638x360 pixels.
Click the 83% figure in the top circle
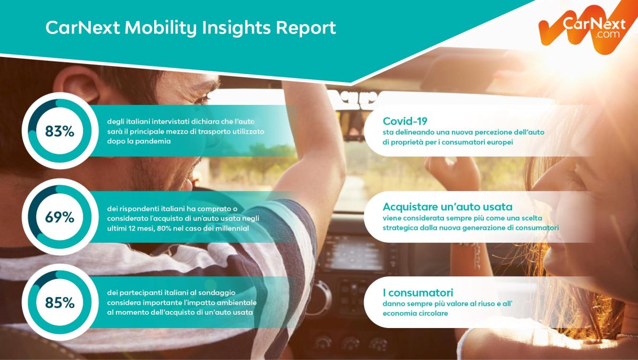[60, 132]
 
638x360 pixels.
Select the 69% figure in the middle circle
[60, 217]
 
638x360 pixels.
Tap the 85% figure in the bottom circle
[60, 302]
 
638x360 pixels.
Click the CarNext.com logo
[587, 27]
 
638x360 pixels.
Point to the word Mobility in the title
[161, 28]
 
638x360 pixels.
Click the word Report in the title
[306, 28]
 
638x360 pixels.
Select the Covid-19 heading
[405, 121]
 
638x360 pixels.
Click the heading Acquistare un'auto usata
[448, 207]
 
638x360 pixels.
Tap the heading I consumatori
[418, 292]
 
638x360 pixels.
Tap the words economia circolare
[415, 314]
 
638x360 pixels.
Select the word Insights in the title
[236, 28]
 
